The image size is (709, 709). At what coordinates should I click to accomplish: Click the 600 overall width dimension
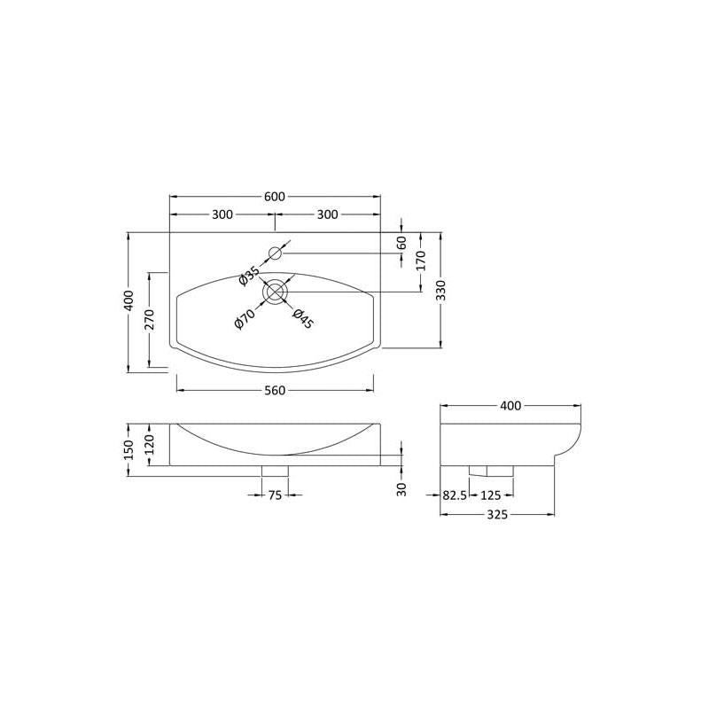click(x=275, y=197)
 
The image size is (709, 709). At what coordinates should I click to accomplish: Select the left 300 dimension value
click(x=222, y=214)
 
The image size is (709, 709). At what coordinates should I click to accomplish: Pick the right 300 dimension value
click(x=327, y=214)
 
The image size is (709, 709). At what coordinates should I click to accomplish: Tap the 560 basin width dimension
click(x=275, y=390)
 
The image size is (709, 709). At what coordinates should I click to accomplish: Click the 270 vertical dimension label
click(x=150, y=320)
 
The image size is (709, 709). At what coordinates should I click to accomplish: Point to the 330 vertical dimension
click(x=441, y=291)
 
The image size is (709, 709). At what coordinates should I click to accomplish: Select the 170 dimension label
click(x=421, y=261)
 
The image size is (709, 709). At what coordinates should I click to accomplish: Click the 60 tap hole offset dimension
click(x=401, y=243)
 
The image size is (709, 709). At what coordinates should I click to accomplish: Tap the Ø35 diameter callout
click(x=249, y=277)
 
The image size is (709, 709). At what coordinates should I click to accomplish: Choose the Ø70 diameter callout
click(x=245, y=318)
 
